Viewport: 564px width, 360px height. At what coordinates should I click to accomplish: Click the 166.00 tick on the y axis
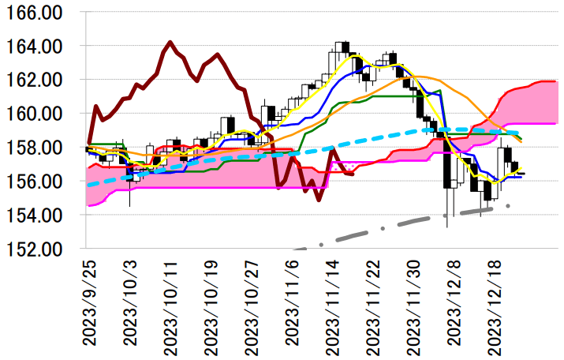38,13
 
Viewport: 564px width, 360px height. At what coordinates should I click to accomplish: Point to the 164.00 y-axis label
38,47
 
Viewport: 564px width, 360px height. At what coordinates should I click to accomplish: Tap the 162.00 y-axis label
38,81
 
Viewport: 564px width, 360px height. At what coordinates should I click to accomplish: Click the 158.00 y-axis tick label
38,148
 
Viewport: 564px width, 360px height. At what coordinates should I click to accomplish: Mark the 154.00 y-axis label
38,215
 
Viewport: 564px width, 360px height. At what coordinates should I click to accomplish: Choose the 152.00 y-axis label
38,249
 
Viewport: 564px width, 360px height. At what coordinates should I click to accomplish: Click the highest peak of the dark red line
170,42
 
